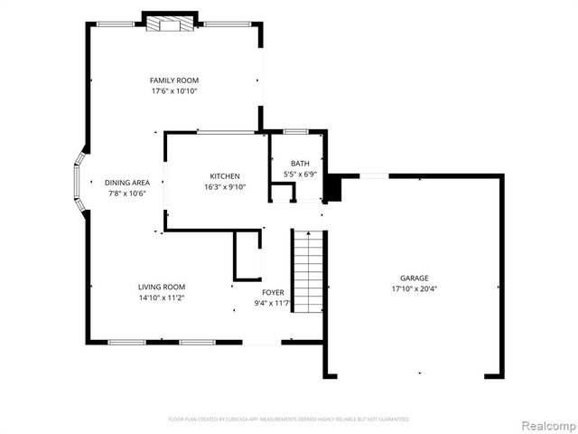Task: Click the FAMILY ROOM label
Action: [x=174, y=80]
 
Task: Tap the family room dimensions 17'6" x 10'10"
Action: [x=174, y=91]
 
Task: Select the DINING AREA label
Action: [x=126, y=182]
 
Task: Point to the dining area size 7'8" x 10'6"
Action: [x=126, y=193]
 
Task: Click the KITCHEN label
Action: [x=224, y=175]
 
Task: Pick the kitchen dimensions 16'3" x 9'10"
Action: [x=224, y=187]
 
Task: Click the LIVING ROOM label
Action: [x=162, y=287]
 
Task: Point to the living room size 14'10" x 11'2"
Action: [x=162, y=297]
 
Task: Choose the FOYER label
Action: [x=273, y=292]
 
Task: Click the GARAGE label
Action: [x=415, y=278]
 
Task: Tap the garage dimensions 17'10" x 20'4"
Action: [x=415, y=289]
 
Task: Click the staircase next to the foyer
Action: [x=308, y=271]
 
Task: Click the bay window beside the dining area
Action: [x=80, y=182]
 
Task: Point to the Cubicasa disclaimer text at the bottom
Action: [x=289, y=420]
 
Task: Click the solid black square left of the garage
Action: [x=333, y=188]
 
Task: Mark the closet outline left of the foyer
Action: [x=247, y=255]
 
